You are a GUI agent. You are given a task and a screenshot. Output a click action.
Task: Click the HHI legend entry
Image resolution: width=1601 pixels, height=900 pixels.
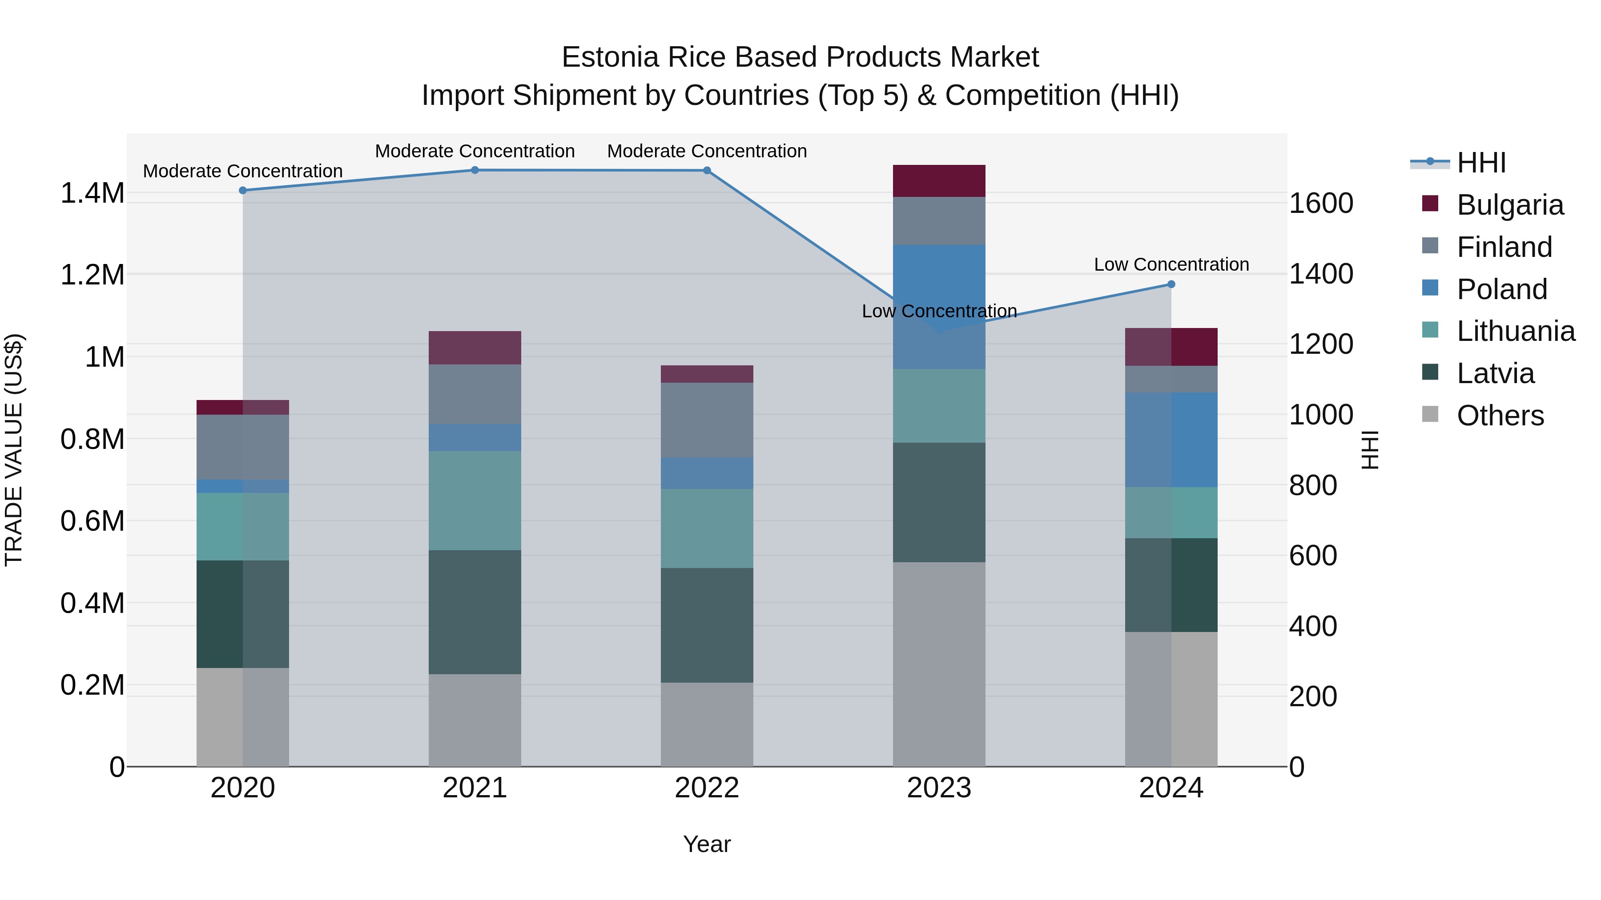point(1480,163)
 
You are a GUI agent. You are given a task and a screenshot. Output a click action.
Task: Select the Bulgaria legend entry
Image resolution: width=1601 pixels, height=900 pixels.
point(1509,205)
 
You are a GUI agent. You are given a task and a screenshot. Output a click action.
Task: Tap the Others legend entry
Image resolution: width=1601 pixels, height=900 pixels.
point(1500,416)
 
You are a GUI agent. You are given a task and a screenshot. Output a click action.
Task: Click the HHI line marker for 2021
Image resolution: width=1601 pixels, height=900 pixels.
point(475,170)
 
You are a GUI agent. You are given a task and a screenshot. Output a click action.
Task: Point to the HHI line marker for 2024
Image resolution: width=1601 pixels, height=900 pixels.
point(1171,284)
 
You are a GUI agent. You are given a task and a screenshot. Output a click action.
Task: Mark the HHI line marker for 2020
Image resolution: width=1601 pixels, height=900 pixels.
point(243,190)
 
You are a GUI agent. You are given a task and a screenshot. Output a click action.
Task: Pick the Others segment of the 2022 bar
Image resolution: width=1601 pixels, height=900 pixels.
point(707,724)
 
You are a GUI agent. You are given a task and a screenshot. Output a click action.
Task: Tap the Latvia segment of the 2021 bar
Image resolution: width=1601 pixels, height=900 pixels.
point(475,612)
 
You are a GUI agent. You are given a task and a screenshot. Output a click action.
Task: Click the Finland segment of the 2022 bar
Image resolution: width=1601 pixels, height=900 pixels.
point(707,420)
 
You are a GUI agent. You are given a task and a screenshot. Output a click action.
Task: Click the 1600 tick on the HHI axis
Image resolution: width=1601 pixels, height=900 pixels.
point(1321,203)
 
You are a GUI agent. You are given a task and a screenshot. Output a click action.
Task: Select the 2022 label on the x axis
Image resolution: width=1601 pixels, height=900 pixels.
point(707,788)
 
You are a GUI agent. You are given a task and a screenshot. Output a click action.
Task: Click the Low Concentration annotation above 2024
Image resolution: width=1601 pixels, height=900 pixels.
point(1171,264)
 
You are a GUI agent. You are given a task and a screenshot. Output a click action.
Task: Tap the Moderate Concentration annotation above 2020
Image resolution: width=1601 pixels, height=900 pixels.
point(243,171)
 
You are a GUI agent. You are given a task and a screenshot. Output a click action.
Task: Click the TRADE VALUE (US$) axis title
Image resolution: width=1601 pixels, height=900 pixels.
point(14,450)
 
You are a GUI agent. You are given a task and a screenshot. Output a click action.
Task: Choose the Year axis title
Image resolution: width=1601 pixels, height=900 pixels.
point(707,844)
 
